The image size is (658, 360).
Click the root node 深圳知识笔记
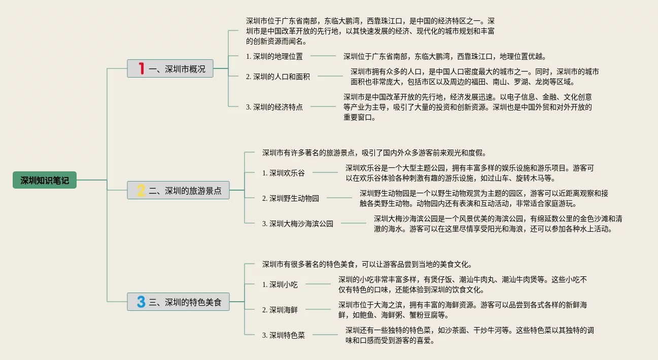[45, 180]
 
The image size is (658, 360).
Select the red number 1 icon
[142, 68]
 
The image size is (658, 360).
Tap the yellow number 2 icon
[141, 190]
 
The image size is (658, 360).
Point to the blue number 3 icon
[141, 302]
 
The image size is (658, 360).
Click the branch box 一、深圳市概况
[170, 68]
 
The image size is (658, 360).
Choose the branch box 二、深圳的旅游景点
[178, 190]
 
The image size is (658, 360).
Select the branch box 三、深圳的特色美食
[178, 302]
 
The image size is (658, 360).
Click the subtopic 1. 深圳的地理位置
[274, 56]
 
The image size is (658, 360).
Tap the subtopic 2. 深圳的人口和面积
[278, 77]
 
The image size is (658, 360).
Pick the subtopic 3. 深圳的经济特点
[274, 107]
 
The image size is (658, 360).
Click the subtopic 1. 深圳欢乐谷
[284, 173]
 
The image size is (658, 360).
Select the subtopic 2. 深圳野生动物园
[291, 198]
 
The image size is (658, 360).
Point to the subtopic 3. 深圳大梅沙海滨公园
[298, 224]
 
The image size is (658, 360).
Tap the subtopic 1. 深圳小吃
[280, 284]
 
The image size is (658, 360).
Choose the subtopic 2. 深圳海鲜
[280, 309]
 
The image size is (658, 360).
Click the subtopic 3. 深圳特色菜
[284, 335]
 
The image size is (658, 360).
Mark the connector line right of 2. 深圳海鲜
[318, 309]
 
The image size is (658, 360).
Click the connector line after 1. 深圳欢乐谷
[325, 172]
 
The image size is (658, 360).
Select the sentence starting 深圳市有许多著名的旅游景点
[374, 153]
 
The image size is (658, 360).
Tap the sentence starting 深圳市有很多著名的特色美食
[367, 264]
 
